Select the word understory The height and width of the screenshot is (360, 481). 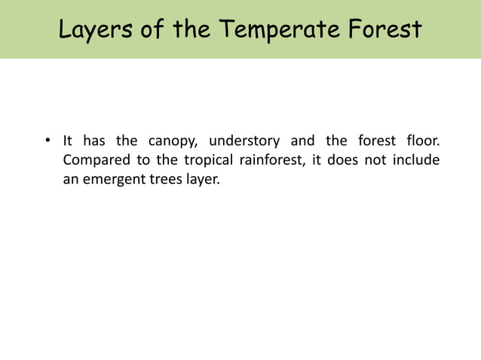(x=244, y=142)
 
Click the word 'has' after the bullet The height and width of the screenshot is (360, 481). (x=93, y=141)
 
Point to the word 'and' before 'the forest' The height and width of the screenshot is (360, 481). (x=302, y=141)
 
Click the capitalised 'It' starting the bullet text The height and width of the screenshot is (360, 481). (x=67, y=141)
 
